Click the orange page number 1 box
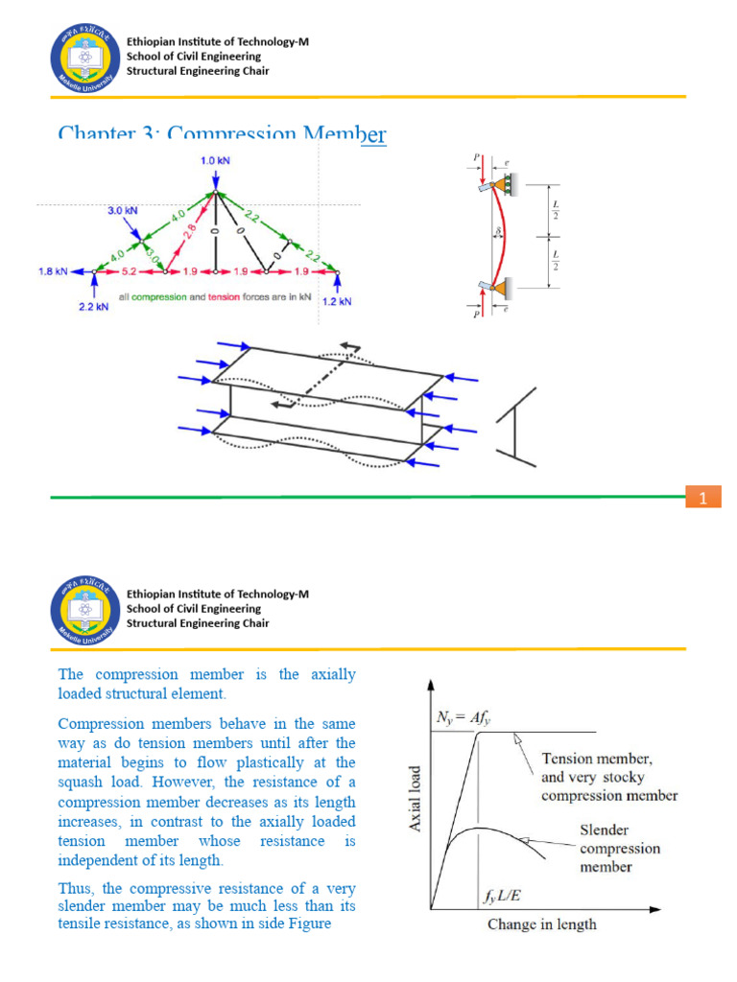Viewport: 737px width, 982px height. click(x=703, y=498)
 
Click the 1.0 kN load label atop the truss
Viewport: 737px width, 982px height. click(x=214, y=161)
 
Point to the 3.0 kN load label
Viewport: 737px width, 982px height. click(x=121, y=209)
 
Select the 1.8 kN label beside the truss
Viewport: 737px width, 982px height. click(x=54, y=271)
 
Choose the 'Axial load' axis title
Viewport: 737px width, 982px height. click(x=415, y=798)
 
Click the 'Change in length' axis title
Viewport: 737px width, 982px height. click(x=541, y=924)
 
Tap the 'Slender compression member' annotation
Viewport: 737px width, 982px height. click(x=619, y=848)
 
